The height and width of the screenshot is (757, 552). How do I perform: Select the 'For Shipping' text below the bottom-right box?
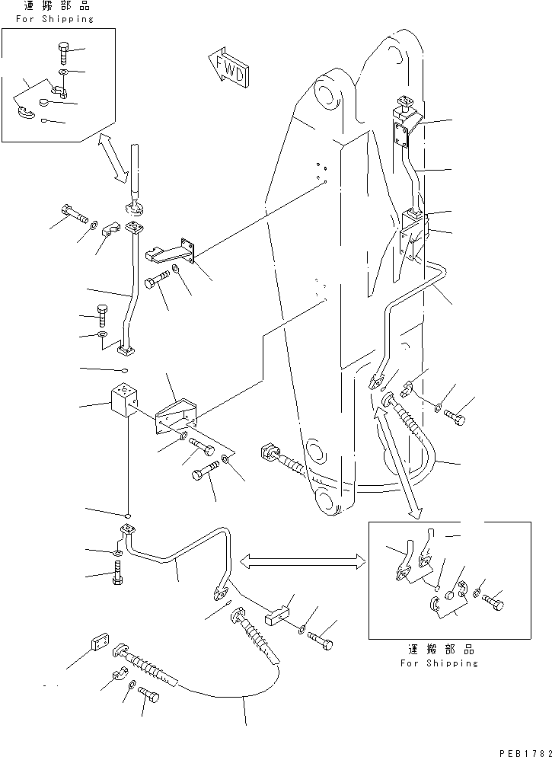439,663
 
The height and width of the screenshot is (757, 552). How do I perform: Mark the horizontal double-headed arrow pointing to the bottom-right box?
302,561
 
